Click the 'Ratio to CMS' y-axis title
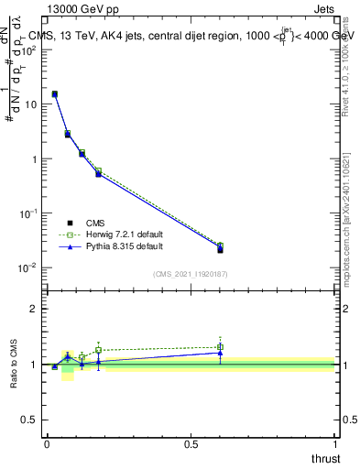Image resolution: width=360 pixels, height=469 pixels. click(x=15, y=365)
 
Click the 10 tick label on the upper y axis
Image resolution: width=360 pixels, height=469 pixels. click(x=31, y=104)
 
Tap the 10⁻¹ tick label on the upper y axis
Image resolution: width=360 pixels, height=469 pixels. click(x=29, y=213)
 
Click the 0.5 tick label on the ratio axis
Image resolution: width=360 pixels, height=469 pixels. click(x=29, y=420)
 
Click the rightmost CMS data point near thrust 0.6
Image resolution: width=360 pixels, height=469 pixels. click(x=220, y=249)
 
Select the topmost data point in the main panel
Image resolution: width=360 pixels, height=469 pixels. click(x=55, y=93)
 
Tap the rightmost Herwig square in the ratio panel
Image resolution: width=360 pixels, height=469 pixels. click(x=220, y=347)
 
